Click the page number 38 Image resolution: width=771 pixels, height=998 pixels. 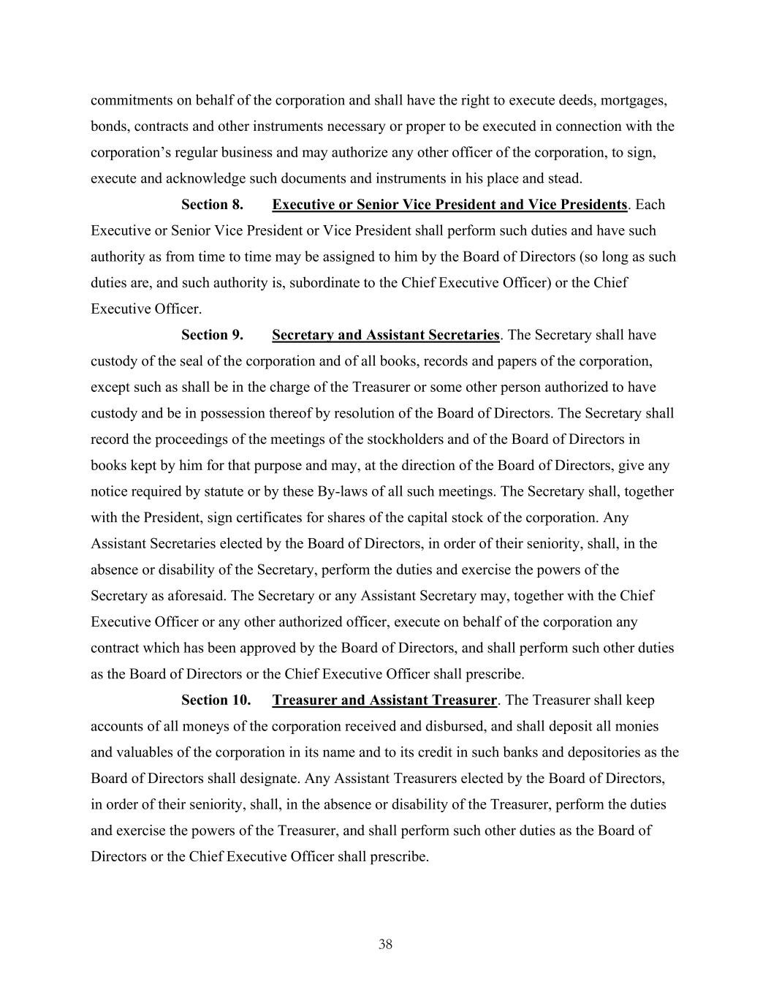385,944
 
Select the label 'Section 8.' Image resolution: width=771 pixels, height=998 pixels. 212,205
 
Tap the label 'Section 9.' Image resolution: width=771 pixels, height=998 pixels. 212,335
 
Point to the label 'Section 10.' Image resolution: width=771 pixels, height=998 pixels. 216,700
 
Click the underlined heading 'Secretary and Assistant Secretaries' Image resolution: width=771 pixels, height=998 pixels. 385,335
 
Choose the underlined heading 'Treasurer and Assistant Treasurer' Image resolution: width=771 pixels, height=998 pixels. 384,700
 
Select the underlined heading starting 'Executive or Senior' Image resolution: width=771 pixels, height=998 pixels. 449,205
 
